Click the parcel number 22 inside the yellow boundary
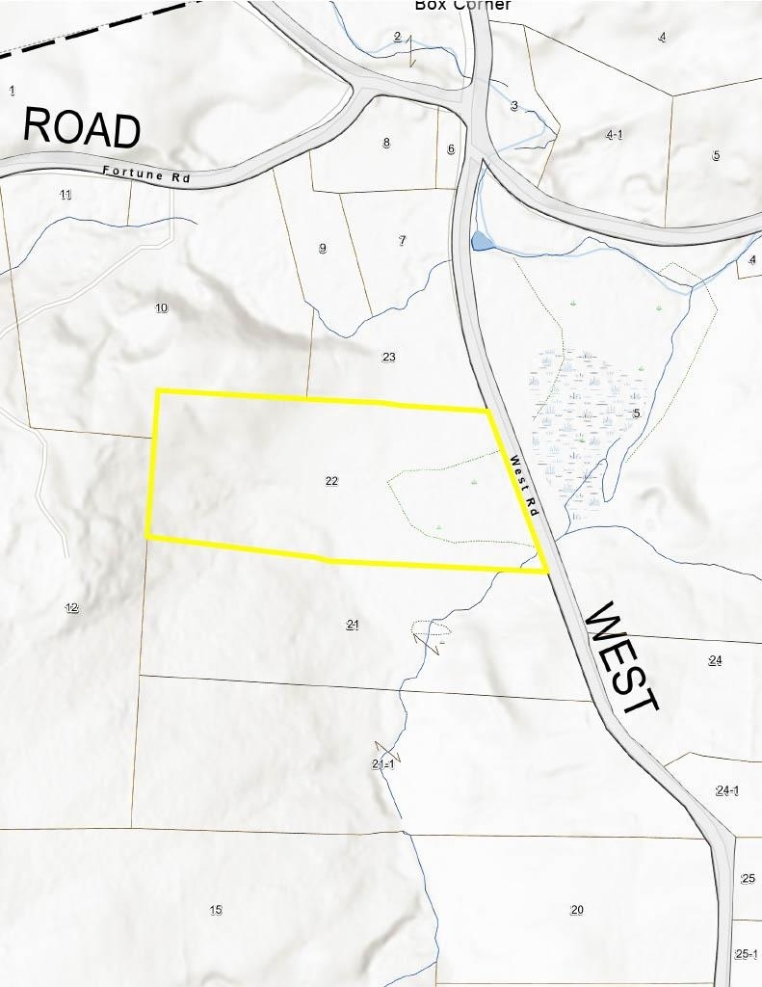[x=331, y=480]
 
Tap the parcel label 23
[x=388, y=357]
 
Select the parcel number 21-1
[x=382, y=764]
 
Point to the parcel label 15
[x=216, y=910]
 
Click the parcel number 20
[x=577, y=910]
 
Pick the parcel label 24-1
[x=727, y=790]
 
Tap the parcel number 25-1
[x=747, y=954]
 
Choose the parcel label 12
[x=71, y=607]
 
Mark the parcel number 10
[x=161, y=307]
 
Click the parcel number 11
[x=66, y=195]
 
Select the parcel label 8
[x=386, y=143]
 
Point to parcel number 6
[x=451, y=148]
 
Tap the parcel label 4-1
[x=614, y=134]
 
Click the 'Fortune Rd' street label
[x=146, y=174]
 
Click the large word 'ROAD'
[x=81, y=127]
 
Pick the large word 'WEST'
[x=621, y=658]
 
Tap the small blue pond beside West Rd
[x=481, y=241]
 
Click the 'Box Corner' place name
[x=462, y=5]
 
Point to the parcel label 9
[x=323, y=248]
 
